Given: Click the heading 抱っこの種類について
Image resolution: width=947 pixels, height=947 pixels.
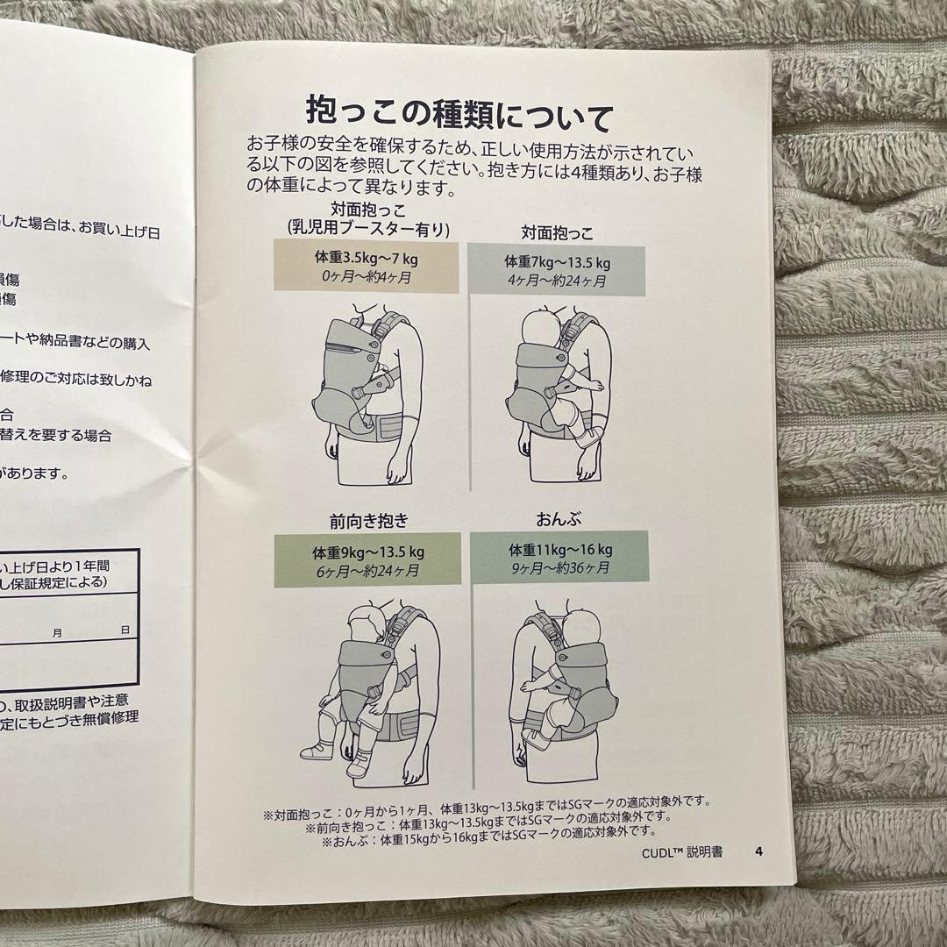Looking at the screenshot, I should pos(459,113).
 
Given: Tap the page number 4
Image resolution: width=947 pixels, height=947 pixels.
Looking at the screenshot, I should pos(759,851).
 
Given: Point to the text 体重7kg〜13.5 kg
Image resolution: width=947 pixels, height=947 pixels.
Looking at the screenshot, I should pos(557,262).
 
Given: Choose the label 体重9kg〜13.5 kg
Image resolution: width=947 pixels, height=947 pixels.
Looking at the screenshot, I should pos(368,552).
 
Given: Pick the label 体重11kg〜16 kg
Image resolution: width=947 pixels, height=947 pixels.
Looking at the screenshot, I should pos(560,550).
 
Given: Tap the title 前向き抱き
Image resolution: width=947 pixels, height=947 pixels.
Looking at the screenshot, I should pos(368,521).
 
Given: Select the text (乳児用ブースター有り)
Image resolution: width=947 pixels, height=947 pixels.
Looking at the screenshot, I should pos(368,230).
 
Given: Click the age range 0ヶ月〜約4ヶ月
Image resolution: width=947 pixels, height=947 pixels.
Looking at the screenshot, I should pos(365,277).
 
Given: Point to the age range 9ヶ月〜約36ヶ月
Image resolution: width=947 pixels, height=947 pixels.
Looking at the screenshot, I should pos(560,567).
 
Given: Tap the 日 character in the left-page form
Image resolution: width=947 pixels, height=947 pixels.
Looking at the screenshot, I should pos(125,630).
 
